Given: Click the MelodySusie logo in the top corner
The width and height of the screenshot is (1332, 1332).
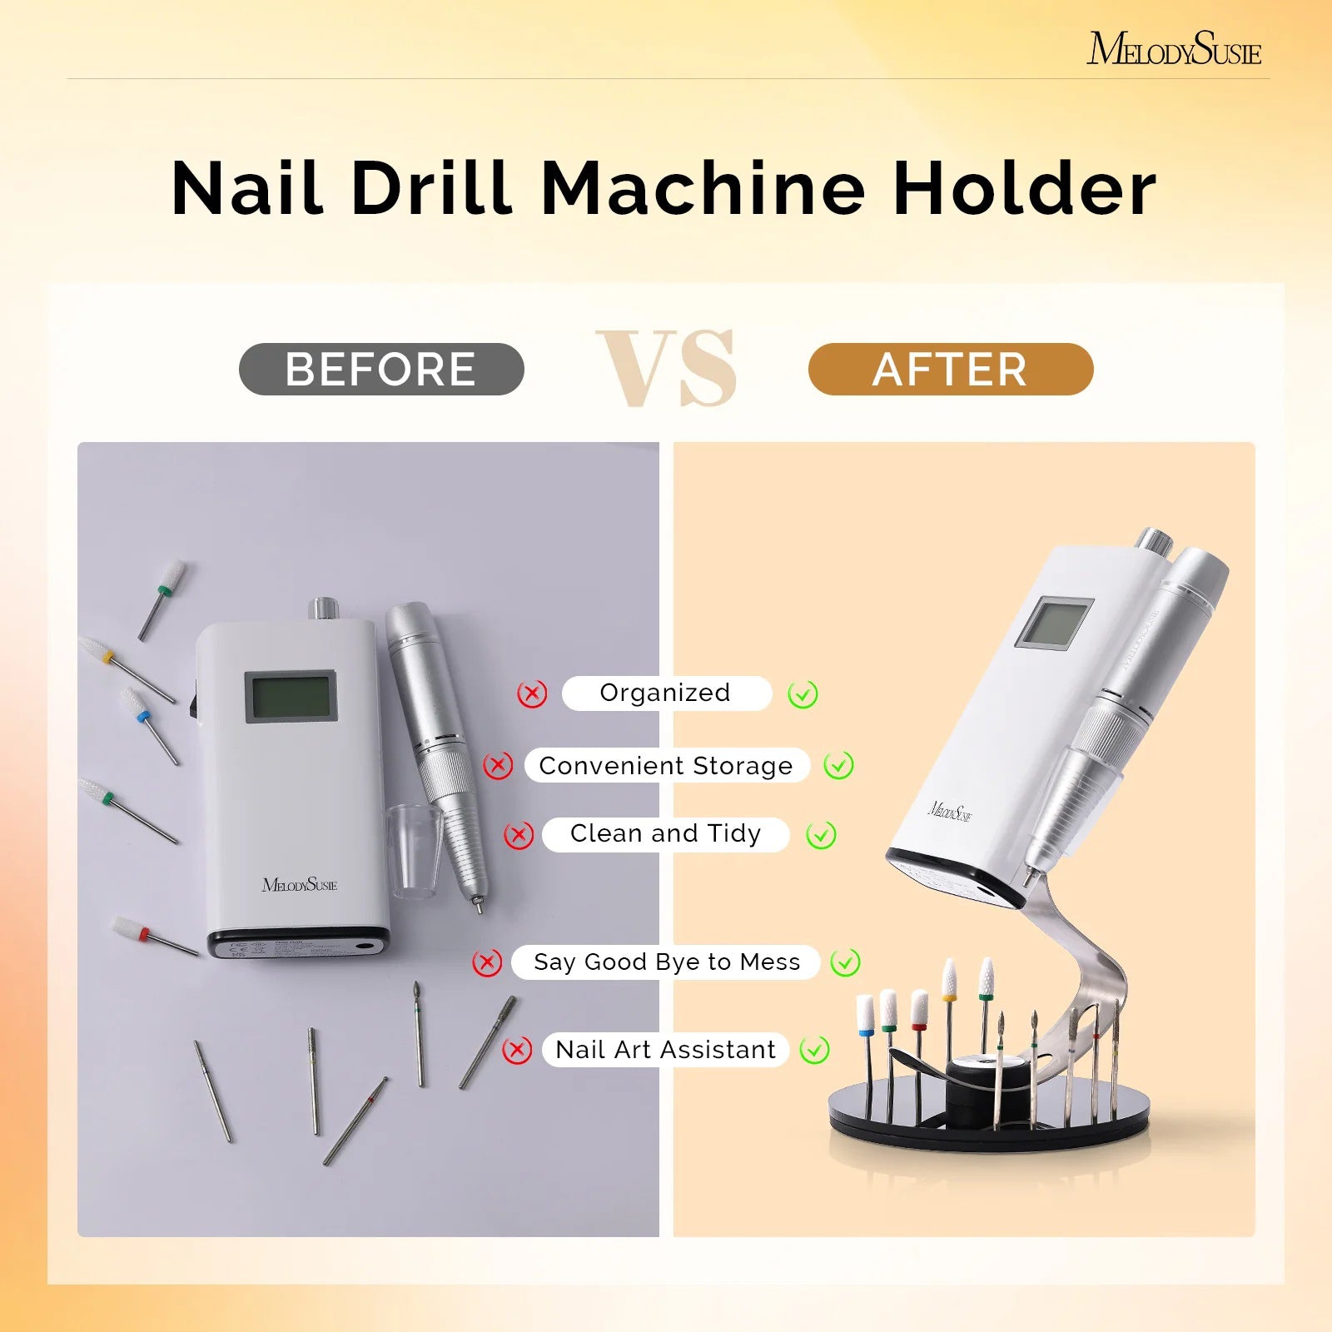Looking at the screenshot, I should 1173,49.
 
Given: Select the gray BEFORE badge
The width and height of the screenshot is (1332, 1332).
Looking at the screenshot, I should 381,369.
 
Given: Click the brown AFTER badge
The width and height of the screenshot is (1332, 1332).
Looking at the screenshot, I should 950,369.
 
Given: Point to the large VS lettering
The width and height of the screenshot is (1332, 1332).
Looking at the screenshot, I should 667,368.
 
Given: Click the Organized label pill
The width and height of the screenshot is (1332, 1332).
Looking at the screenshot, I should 665,693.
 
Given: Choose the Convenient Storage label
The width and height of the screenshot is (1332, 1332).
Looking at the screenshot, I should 665,765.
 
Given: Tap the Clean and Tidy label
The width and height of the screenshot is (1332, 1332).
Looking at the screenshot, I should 665,833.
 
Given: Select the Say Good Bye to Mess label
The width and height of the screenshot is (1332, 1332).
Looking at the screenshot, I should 666,962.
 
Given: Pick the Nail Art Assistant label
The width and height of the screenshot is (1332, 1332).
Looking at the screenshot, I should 665,1049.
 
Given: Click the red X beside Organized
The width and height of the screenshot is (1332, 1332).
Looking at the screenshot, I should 532,693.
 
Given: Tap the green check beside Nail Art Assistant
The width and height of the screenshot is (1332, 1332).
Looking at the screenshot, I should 814,1050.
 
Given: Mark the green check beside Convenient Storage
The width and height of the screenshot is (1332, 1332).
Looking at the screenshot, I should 838,765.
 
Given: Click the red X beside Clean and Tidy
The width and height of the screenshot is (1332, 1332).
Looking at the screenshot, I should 519,835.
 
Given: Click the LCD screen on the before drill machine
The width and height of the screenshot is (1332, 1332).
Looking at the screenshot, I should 291,697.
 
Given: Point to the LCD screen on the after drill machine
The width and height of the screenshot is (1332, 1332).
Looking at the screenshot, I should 1054,624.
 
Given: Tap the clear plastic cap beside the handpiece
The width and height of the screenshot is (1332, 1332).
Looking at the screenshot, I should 413,849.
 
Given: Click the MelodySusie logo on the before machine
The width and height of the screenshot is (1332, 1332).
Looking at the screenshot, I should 300,884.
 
